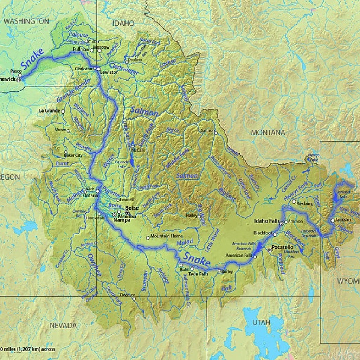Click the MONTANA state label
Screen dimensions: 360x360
click(268, 133)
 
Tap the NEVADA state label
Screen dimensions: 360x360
click(63, 325)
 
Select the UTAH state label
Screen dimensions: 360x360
click(261, 322)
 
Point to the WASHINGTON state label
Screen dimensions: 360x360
click(26, 21)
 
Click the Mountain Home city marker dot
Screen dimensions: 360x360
click(148, 238)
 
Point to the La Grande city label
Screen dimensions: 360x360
click(50, 111)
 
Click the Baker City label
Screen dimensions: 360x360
click(73, 155)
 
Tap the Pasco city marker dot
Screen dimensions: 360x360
click(20, 75)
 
